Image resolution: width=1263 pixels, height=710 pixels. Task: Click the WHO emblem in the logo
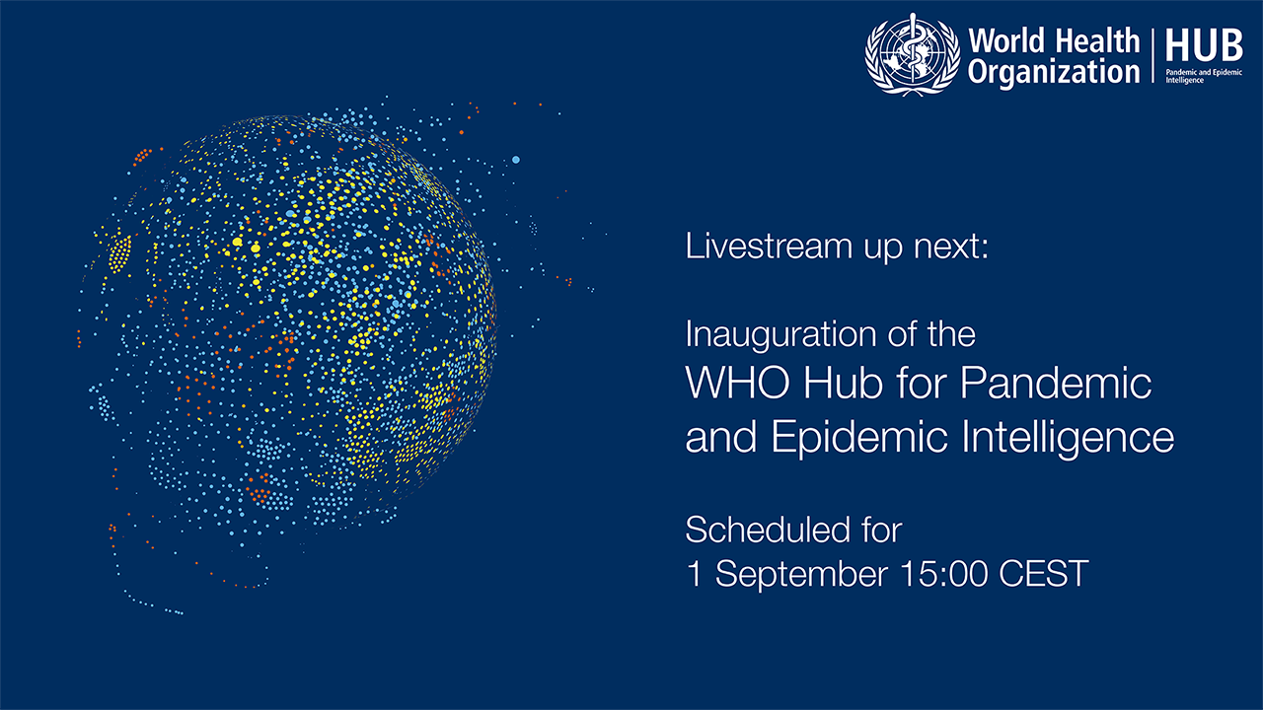(913, 54)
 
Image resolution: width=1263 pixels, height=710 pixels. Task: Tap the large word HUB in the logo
(1205, 45)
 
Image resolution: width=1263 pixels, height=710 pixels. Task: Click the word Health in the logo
(1097, 40)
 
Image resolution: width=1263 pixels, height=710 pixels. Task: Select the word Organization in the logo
(1054, 73)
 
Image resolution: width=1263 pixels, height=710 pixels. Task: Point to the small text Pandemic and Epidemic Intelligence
(1204, 76)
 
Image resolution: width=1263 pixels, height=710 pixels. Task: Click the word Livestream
(768, 247)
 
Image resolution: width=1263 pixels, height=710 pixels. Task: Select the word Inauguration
(781, 335)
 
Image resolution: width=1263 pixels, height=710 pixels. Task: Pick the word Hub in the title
(843, 383)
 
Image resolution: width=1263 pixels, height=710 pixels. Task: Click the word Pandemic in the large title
(1056, 383)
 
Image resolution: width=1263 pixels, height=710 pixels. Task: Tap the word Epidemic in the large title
(859, 438)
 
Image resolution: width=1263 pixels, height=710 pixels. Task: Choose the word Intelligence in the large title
(1069, 438)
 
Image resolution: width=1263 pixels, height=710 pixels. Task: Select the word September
(802, 574)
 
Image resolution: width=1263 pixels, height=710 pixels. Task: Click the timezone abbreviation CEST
(1044, 574)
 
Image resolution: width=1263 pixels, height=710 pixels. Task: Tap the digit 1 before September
(695, 574)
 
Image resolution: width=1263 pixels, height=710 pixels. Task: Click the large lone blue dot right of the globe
(515, 160)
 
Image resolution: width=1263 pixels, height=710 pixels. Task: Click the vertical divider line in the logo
(1153, 55)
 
